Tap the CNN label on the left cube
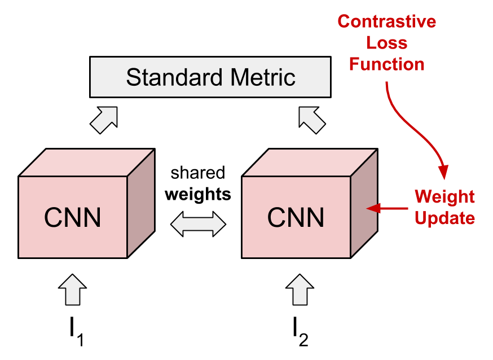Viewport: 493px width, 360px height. click(73, 217)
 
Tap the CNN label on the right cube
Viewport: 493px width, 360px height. click(296, 217)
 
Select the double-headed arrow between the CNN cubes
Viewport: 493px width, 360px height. click(198, 224)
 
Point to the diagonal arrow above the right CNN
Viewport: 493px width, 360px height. click(312, 120)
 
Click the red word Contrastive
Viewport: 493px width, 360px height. click(386, 22)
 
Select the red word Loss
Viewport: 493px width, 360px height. click(386, 43)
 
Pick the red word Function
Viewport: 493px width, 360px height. click(386, 64)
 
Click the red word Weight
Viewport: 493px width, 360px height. click(444, 197)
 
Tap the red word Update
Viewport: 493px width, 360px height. click(444, 218)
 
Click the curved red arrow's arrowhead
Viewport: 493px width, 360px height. click(443, 172)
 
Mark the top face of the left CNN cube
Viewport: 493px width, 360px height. click(86, 163)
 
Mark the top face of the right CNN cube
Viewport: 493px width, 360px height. click(309, 163)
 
